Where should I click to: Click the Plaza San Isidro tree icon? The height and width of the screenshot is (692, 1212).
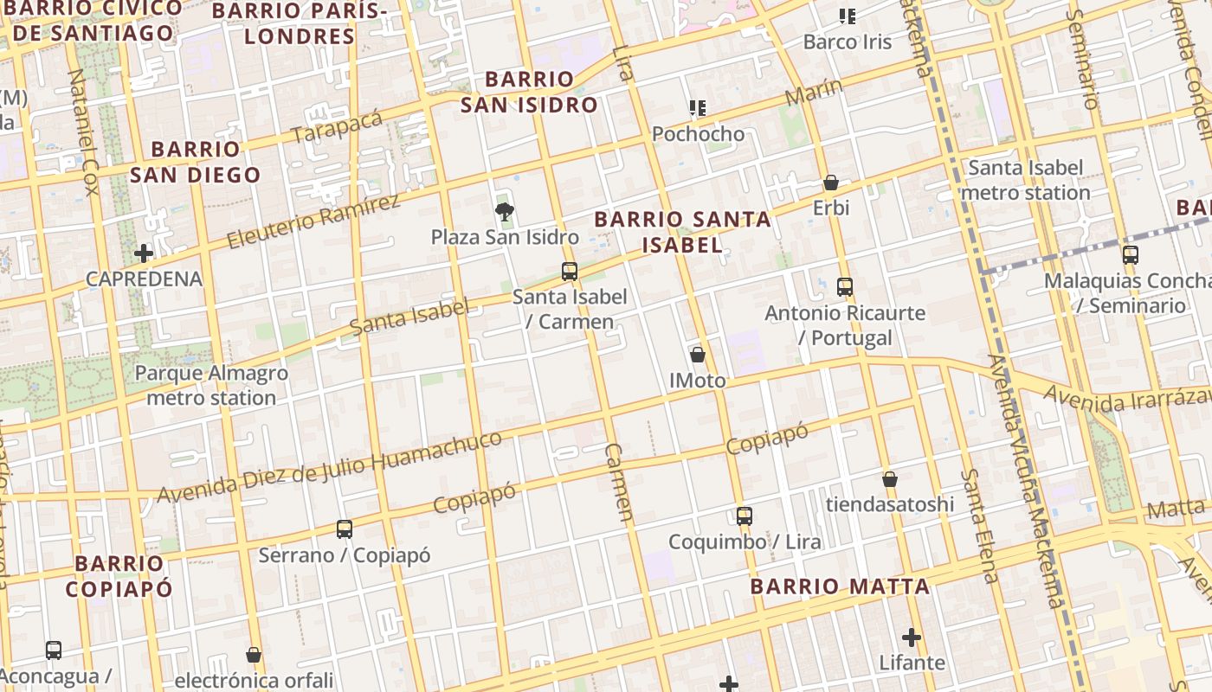[x=504, y=212]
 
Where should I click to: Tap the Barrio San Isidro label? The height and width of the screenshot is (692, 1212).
[x=529, y=93]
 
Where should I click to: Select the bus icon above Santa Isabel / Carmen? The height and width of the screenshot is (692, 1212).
[x=569, y=272]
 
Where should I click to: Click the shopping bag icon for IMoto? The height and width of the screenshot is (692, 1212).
[x=698, y=355]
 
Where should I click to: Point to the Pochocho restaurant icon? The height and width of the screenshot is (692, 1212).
[x=698, y=108]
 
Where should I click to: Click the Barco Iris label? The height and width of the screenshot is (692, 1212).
[x=847, y=42]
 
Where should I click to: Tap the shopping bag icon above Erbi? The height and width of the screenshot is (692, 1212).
[x=831, y=183]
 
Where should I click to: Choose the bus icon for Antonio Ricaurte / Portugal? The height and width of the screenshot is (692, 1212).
[x=845, y=287]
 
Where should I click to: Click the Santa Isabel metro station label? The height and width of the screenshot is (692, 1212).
[x=1025, y=180]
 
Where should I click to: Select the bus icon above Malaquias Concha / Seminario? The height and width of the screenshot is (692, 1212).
[x=1130, y=255]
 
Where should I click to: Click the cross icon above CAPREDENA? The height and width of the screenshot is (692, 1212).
[x=144, y=253]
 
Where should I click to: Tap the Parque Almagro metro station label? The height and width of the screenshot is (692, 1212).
[x=211, y=386]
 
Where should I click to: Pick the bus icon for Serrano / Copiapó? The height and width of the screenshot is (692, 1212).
[x=345, y=529]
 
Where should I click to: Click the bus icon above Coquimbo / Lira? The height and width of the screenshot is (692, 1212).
[x=745, y=516]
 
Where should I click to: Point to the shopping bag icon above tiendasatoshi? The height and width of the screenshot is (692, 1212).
[x=890, y=479]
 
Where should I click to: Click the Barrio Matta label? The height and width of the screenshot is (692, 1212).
[x=840, y=586]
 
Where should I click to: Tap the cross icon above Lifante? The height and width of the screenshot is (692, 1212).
[x=912, y=638]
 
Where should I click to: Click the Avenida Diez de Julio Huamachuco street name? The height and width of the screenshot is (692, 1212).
[x=329, y=467]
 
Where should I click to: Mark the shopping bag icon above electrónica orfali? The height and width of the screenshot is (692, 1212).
[x=254, y=655]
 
